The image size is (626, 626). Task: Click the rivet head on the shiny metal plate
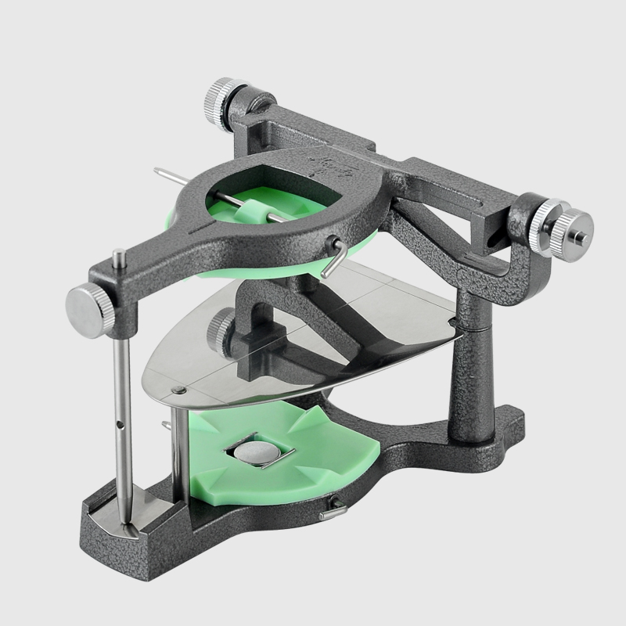178,390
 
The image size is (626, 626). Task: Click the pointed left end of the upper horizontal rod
158,171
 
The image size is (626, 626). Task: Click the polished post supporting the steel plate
180,446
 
